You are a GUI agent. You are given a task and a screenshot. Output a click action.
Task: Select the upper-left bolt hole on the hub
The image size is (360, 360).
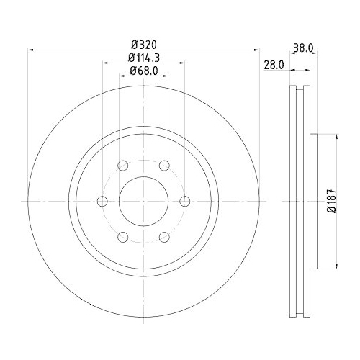coord(123,165)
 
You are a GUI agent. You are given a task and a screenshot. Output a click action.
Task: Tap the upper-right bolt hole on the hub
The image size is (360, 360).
coord(163,165)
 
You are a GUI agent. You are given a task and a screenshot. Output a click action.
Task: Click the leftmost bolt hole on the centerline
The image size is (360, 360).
coord(103,200)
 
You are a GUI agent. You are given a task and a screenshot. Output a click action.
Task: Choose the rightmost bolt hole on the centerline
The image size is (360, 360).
coord(184,200)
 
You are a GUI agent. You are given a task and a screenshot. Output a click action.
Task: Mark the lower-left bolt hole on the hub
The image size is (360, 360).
coord(123,235)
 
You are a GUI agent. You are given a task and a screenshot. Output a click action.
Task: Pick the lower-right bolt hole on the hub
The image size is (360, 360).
coord(163,235)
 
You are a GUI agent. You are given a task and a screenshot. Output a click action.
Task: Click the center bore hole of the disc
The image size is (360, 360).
coord(143,200)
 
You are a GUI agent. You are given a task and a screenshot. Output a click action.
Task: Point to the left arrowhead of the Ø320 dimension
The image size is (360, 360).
coord(30,50)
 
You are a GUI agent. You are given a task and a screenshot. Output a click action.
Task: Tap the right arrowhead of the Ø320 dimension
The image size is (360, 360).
coord(256,50)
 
